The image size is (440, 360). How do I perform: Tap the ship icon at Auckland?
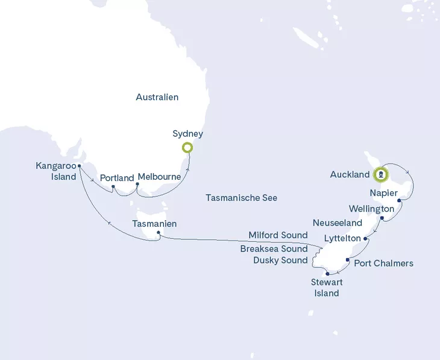pyautogui.click(x=381, y=175)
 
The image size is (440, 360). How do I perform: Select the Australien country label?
pyautogui.click(x=157, y=97)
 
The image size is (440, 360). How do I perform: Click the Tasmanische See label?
pyautogui.click(x=241, y=197)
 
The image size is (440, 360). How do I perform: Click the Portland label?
pyautogui.click(x=117, y=178)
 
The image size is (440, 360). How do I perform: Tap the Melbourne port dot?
pyautogui.click(x=137, y=185)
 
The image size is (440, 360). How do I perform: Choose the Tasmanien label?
pyautogui.click(x=154, y=223)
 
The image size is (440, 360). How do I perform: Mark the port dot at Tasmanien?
pyautogui.click(x=158, y=233)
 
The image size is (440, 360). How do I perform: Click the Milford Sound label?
pyautogui.click(x=278, y=235)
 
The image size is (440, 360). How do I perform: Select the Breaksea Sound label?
pyautogui.click(x=274, y=248)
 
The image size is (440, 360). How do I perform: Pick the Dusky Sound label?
pyautogui.click(x=280, y=261)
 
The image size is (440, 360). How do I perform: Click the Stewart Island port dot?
pyautogui.click(x=328, y=274)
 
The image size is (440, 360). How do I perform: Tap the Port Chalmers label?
pyautogui.click(x=383, y=263)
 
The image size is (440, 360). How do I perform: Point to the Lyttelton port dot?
pyautogui.click(x=366, y=239)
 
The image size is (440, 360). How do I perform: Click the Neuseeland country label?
pyautogui.click(x=338, y=223)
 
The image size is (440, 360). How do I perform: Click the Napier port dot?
pyautogui.click(x=400, y=202)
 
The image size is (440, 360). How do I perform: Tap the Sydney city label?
pyautogui.click(x=187, y=133)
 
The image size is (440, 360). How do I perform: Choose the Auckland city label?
pyautogui.click(x=350, y=175)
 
